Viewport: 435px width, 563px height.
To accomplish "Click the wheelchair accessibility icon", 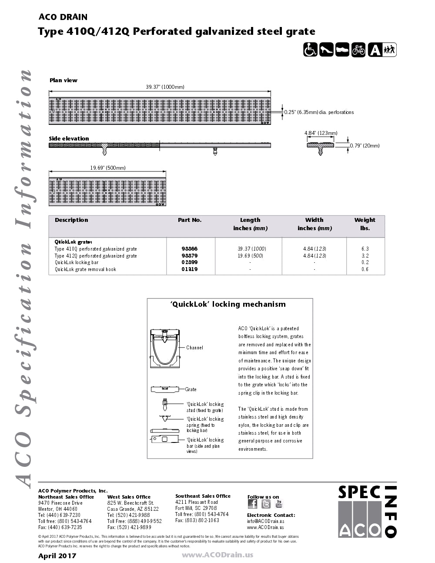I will [x=310, y=50].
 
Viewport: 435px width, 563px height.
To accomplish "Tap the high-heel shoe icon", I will [x=326, y=50].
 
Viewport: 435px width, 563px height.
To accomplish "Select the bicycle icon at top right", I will [x=358, y=50].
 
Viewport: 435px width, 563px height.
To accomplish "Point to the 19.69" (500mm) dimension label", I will [x=108, y=168].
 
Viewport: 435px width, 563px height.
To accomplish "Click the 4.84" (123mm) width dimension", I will [x=321, y=133].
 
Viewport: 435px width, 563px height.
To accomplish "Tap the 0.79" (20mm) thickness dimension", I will [x=365, y=146].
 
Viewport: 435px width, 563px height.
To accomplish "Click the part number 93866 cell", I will [x=190, y=249].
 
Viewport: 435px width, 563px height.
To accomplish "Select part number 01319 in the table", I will [x=190, y=269].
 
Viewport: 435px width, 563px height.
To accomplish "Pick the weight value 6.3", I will [x=365, y=249].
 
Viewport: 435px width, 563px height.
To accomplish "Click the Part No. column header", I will [x=190, y=220].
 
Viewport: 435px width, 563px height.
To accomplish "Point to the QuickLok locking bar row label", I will [x=77, y=262].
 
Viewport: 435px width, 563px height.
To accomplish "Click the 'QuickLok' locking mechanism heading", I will [x=228, y=305].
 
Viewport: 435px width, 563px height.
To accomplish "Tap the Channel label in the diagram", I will [x=194, y=348].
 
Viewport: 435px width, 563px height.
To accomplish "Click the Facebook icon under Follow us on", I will [x=252, y=504].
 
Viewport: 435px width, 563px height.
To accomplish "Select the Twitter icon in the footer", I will [x=266, y=504].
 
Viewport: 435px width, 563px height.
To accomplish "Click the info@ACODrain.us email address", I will [x=265, y=521].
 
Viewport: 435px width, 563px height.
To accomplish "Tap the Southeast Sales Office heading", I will [x=203, y=496].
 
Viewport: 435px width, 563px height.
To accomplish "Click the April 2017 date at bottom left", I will [x=57, y=556].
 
